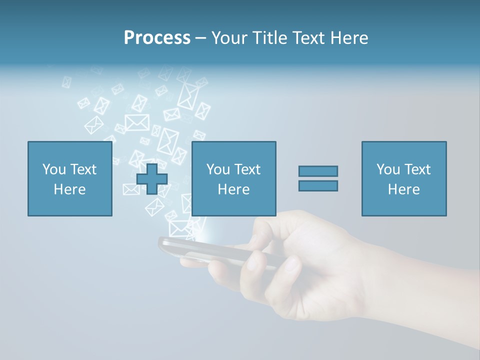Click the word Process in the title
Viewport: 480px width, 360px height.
pyautogui.click(x=157, y=38)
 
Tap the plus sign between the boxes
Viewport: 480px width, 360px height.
pyautogui.click(x=152, y=179)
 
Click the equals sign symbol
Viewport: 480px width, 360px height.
pyautogui.click(x=318, y=178)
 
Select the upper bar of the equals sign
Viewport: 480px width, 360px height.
pyautogui.click(x=318, y=171)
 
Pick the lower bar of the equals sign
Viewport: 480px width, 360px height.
pyautogui.click(x=318, y=185)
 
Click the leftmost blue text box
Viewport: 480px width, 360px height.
pyautogui.click(x=70, y=178)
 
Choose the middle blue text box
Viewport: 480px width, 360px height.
pyautogui.click(x=233, y=178)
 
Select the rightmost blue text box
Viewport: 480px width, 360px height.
pyautogui.click(x=403, y=178)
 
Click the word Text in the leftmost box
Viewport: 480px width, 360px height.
pyautogui.click(x=83, y=169)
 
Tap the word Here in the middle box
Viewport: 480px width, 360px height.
pyautogui.click(x=233, y=189)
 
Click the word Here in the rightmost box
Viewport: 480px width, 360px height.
pyautogui.click(x=403, y=189)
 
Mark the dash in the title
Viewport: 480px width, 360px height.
pyautogui.click(x=201, y=38)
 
